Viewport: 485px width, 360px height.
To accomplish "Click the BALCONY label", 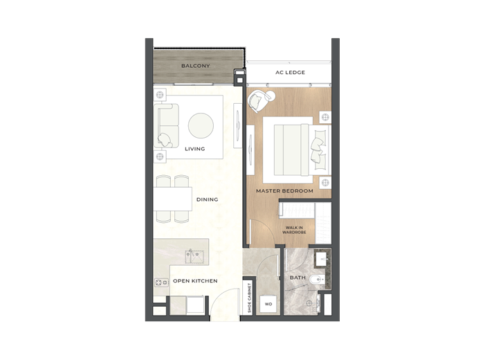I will (195, 66).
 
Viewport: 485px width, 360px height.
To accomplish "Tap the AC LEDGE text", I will (291, 73).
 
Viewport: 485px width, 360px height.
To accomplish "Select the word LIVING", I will (194, 149).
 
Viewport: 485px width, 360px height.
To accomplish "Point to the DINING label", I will (207, 199).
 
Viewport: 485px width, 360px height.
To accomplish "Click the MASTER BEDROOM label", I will (284, 190).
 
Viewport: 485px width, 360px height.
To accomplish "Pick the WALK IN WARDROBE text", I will (294, 229).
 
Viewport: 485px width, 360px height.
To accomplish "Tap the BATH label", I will (298, 278).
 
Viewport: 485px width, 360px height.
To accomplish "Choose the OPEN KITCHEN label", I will (195, 281).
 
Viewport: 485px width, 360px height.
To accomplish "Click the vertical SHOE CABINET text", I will (250, 296).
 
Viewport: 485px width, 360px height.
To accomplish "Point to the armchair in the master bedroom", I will (259, 102).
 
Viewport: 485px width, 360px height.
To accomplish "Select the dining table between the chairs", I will (172, 199).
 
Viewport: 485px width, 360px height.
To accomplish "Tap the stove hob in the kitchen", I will (161, 282).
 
